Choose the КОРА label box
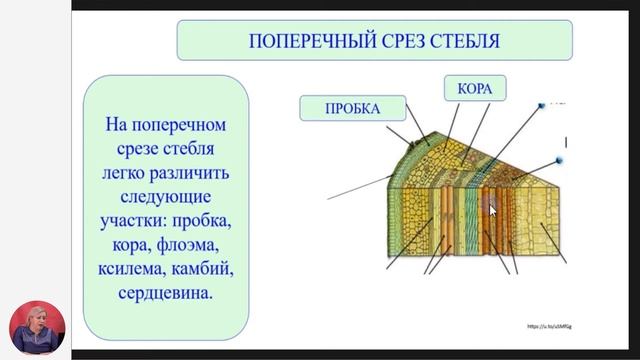(473, 89)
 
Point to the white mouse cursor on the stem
(491, 210)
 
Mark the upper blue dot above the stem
(541, 104)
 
